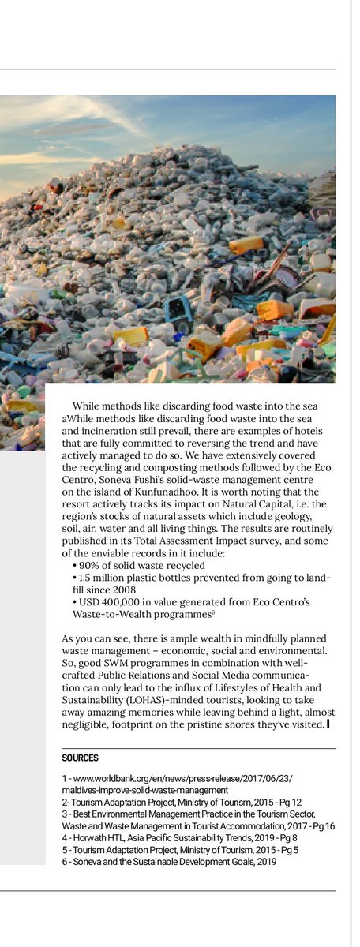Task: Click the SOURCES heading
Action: pos(80,758)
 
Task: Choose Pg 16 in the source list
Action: pos(322,825)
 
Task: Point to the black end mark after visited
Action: pos(328,724)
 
